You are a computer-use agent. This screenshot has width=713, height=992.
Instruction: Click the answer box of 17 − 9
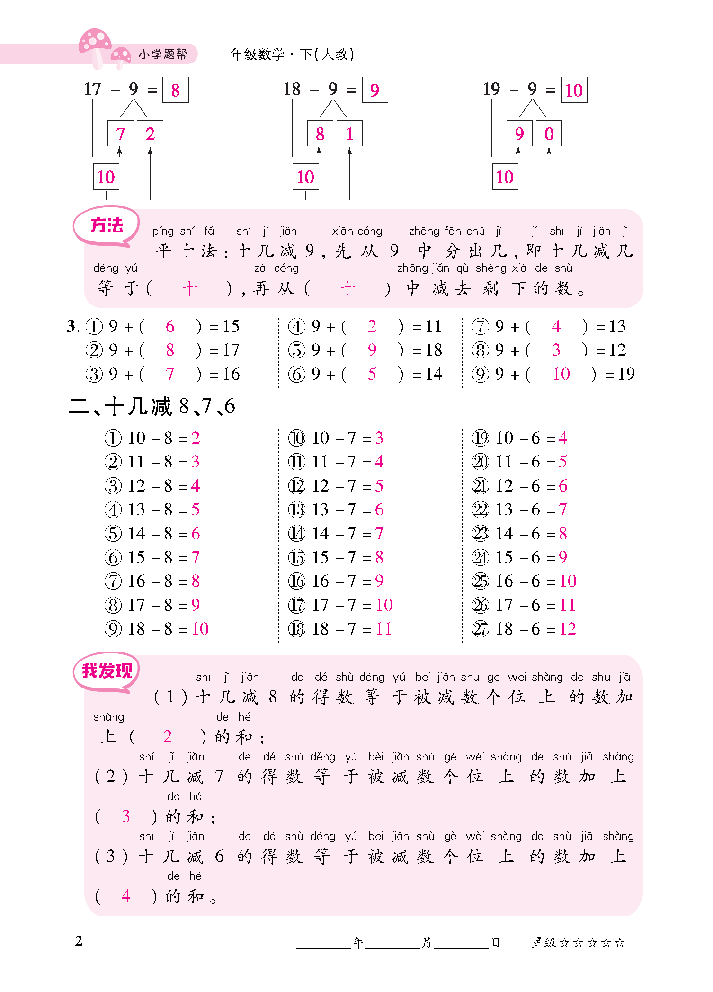(x=175, y=90)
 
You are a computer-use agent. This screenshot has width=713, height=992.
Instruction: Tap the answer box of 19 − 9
(x=574, y=90)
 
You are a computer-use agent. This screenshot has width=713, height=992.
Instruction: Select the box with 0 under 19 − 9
(x=549, y=134)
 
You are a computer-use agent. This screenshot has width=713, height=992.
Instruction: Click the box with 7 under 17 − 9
(x=120, y=134)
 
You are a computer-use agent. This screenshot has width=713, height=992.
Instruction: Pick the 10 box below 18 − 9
(x=305, y=177)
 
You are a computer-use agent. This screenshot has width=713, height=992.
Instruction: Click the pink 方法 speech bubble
(x=107, y=226)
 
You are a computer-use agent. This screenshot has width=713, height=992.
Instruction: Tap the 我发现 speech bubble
(x=107, y=671)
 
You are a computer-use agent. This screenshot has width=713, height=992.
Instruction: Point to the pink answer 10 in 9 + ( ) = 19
(x=561, y=374)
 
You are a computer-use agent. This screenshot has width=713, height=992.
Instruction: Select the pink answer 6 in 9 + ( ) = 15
(x=170, y=326)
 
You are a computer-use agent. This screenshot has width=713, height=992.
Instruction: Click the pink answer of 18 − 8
(x=200, y=629)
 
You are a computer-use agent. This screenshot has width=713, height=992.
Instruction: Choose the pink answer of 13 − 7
(x=379, y=509)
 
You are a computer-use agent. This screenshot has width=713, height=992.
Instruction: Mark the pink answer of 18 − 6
(x=568, y=629)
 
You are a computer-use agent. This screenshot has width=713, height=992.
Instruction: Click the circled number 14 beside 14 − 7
(x=297, y=534)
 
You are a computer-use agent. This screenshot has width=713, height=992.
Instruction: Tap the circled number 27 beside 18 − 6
(x=480, y=629)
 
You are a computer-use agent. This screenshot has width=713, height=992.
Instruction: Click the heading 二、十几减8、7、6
(x=152, y=406)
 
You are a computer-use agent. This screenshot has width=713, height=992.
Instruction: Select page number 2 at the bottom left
(x=79, y=941)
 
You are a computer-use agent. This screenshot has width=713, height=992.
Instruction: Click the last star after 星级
(x=620, y=943)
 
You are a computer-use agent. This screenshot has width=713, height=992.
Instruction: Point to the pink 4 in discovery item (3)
(x=125, y=895)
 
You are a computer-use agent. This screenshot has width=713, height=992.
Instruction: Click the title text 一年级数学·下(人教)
(x=285, y=54)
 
